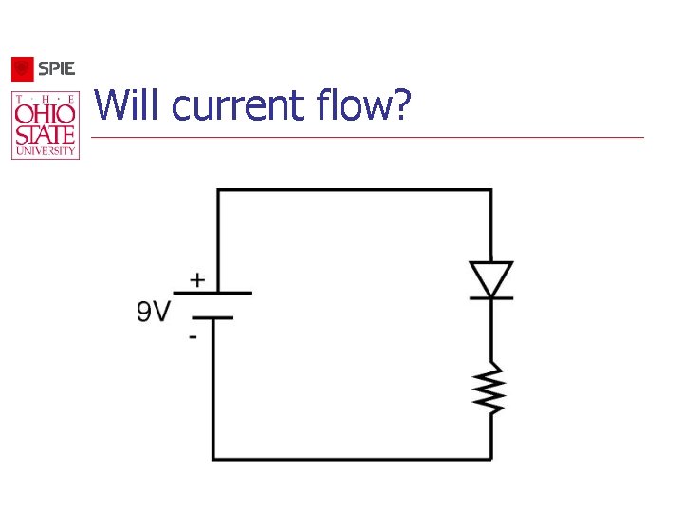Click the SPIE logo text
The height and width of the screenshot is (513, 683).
(x=56, y=69)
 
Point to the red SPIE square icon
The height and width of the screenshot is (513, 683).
(x=23, y=69)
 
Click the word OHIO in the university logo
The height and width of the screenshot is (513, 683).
(x=46, y=113)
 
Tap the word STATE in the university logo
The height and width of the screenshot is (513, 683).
(x=46, y=133)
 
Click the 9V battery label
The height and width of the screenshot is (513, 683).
(x=154, y=311)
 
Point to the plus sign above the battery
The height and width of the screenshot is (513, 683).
(x=196, y=280)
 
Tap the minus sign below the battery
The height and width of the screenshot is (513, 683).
(x=193, y=337)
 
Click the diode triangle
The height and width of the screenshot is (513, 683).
(x=491, y=279)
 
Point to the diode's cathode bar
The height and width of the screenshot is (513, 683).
(x=491, y=297)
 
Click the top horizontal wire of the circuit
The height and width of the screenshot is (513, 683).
(x=354, y=190)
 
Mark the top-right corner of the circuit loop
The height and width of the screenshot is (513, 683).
(x=491, y=190)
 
